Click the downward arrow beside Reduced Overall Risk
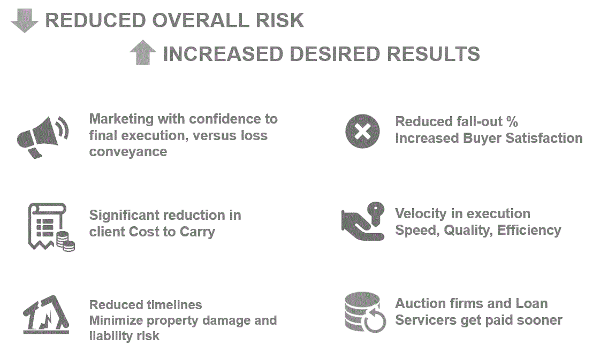pyautogui.click(x=25, y=20)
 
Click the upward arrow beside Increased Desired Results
pyautogui.click(x=143, y=54)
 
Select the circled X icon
pyautogui.click(x=362, y=132)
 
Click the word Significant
pyautogui.click(x=123, y=215)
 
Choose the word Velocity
pyautogui.click(x=419, y=213)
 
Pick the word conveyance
pyautogui.click(x=128, y=152)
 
